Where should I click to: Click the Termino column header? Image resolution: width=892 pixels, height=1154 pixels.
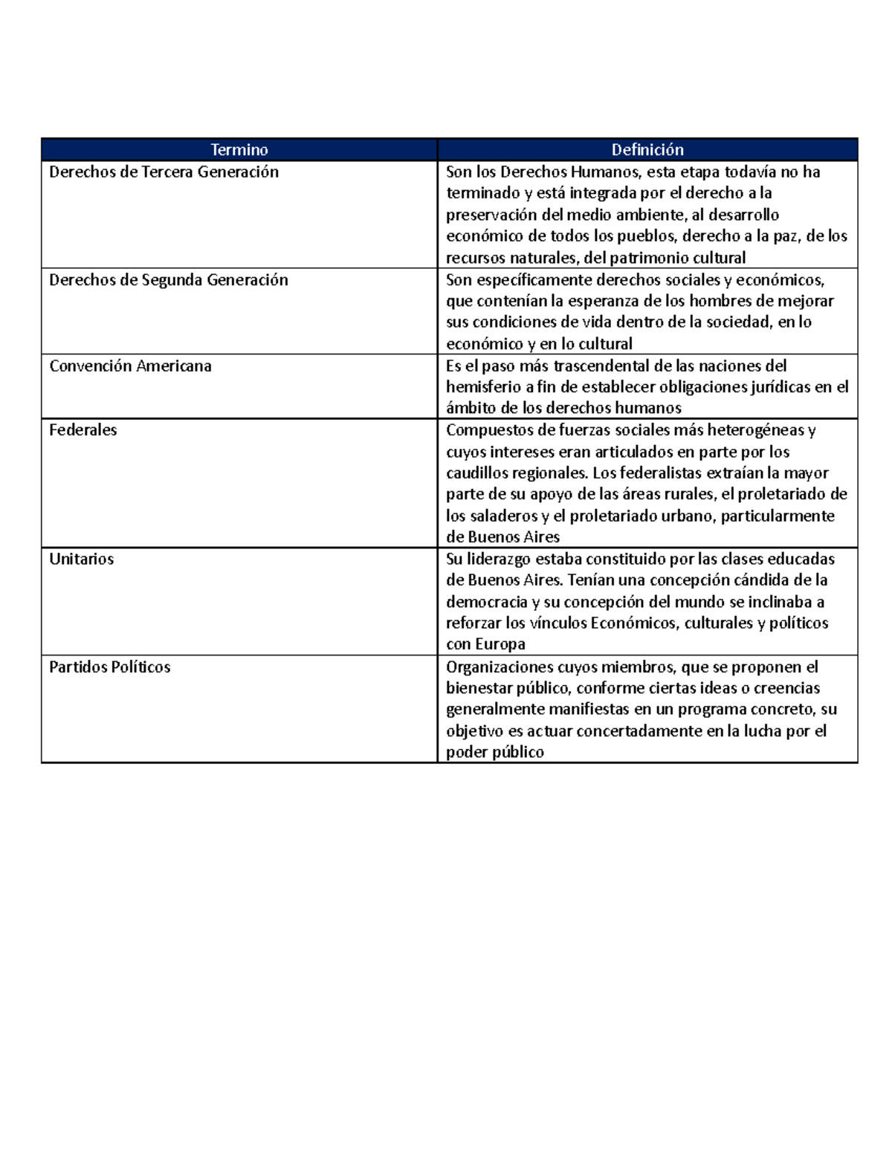click(239, 150)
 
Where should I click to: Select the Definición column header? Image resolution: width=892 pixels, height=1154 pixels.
click(647, 150)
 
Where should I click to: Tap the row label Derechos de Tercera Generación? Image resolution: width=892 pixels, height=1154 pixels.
click(164, 172)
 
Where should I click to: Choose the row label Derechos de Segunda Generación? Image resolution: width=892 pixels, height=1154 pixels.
click(168, 280)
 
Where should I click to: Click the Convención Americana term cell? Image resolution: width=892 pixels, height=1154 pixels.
click(130, 366)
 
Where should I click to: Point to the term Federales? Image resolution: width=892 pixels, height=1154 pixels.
click(83, 430)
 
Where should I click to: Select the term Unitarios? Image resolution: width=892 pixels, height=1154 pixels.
click(81, 560)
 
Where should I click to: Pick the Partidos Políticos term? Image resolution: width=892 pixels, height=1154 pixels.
click(109, 667)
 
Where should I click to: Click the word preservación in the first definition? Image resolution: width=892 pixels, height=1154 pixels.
click(491, 215)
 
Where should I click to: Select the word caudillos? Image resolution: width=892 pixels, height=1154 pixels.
click(477, 473)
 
